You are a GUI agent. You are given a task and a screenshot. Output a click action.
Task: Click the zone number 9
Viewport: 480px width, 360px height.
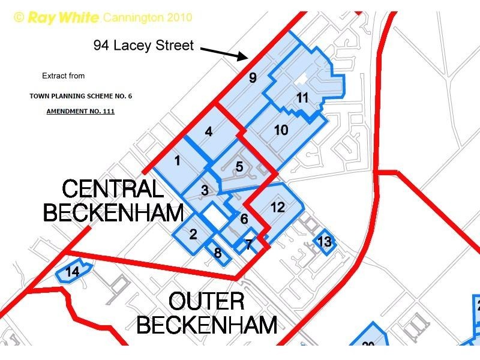coord(253,77)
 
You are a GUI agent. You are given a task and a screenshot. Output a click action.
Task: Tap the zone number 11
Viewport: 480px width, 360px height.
coord(302,97)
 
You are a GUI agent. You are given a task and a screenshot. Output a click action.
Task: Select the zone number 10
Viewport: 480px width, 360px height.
coord(281,130)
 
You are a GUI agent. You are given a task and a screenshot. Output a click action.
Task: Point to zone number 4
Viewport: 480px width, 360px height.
coord(209,131)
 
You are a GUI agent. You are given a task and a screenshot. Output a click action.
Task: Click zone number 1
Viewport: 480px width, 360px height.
coord(177,160)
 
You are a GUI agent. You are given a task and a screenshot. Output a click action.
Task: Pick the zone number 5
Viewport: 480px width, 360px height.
coord(239,166)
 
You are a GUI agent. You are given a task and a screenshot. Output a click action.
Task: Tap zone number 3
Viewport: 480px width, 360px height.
coord(205,190)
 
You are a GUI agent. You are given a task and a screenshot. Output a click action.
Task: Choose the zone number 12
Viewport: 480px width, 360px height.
coord(277,208)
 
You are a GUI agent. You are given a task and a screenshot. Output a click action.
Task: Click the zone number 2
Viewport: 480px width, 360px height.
coord(193,234)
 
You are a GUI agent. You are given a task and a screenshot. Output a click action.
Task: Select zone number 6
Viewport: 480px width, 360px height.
coord(244,219)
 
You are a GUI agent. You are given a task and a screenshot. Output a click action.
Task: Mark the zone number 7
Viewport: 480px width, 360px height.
coord(248,244)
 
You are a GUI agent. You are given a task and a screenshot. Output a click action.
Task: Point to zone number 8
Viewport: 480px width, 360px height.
coord(218,253)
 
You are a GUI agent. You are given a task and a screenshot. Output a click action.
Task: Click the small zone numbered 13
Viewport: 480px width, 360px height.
coord(324,242)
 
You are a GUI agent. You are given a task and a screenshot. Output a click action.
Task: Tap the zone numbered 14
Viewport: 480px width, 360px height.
coord(72,272)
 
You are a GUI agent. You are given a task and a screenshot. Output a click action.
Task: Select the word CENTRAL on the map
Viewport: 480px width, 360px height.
coord(113,190)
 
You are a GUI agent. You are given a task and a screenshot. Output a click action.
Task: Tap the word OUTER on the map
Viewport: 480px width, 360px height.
coord(206,302)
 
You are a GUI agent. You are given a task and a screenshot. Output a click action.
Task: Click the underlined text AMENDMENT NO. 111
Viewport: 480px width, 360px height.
coord(80,111)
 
